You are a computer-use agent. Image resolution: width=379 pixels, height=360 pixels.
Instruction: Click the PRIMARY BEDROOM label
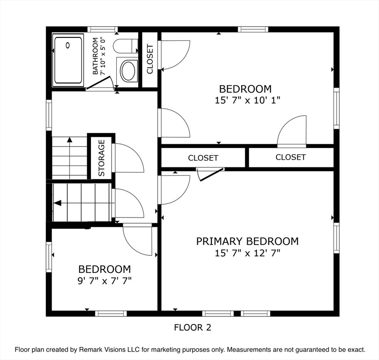pyautogui.click(x=247, y=241)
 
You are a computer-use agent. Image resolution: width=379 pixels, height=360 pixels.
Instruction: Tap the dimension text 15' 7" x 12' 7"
pyautogui.click(x=247, y=253)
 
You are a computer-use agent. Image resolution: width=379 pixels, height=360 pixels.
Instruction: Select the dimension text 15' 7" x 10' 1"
pyautogui.click(x=245, y=100)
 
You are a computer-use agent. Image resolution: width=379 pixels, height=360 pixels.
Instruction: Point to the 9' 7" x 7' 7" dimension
pyautogui.click(x=104, y=281)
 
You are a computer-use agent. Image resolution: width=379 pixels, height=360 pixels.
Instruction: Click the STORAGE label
pyautogui.click(x=101, y=158)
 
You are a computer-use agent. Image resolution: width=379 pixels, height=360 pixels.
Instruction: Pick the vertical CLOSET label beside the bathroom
pyautogui.click(x=150, y=59)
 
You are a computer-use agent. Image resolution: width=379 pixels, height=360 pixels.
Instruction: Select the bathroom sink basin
pyautogui.click(x=128, y=71)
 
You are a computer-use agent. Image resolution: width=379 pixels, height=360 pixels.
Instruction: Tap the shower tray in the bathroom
pyautogui.click(x=68, y=60)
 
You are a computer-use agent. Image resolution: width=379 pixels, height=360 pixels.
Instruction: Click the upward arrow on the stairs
pyautogui.click(x=69, y=140)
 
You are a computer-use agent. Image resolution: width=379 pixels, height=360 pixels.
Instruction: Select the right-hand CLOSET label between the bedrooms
pyautogui.click(x=290, y=157)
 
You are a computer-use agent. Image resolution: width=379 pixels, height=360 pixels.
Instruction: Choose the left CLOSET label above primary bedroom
pyautogui.click(x=203, y=158)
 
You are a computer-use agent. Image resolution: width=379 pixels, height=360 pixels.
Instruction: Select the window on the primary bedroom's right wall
pyautogui.click(x=336, y=238)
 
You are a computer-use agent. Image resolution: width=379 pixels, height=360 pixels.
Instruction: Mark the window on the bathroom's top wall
pyautogui.click(x=103, y=29)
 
